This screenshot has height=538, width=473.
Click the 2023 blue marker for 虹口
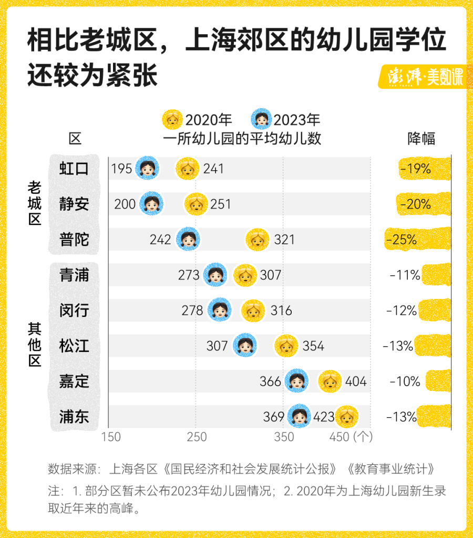147,169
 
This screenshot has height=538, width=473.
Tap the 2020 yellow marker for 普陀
258,240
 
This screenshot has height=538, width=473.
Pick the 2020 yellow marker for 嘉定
330,381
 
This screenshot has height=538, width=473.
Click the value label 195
121,169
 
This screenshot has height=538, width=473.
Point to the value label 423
324,417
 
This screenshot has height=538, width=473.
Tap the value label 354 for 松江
313,346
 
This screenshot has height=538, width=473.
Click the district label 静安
74,204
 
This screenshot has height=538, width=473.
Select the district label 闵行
74,311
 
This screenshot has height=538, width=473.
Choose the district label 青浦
74,275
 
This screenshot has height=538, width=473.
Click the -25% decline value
402,240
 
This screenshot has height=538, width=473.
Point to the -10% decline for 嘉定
405,381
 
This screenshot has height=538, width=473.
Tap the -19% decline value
415,169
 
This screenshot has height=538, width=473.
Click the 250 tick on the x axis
197,437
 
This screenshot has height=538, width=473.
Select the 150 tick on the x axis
111,437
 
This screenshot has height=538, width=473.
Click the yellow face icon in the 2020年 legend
172,120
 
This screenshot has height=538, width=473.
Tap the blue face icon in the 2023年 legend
261,120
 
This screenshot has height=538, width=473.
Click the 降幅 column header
421,138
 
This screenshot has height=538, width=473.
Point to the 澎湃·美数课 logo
421,77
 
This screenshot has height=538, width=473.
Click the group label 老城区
34,203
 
